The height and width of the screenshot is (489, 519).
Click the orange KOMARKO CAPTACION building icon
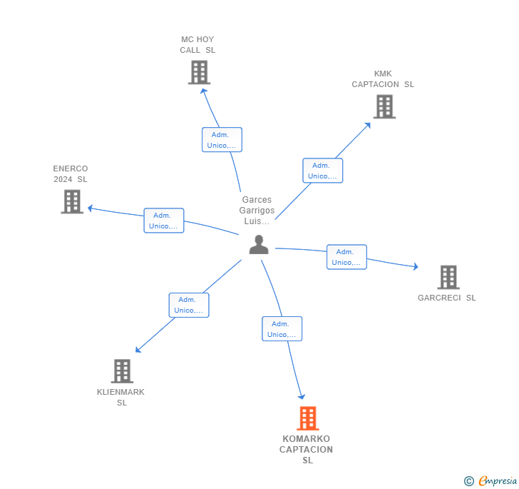[x=307, y=418]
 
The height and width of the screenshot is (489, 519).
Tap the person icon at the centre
[x=259, y=245]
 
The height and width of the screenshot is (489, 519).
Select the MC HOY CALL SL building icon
[x=199, y=72]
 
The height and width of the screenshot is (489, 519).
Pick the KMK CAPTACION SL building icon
[x=384, y=106]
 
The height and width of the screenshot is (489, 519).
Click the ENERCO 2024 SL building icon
[x=72, y=201]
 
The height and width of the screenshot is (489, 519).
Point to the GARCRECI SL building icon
[x=448, y=277]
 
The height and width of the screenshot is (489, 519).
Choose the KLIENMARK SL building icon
[x=122, y=371]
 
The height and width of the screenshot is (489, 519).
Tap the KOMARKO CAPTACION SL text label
[x=307, y=450]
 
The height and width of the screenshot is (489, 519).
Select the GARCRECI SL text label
[x=447, y=298]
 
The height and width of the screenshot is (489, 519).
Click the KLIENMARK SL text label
[x=121, y=397]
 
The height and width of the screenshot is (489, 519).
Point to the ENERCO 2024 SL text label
[x=71, y=174]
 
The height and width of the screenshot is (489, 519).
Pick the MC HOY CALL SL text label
[x=197, y=45]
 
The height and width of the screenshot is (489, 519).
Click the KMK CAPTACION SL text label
[x=383, y=79]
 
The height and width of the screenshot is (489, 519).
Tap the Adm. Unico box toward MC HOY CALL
[x=222, y=140]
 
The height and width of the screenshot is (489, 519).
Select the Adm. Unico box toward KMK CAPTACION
[x=322, y=171]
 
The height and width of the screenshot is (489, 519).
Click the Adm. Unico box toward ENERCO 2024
[x=164, y=221]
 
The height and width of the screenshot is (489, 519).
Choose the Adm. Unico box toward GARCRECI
[x=346, y=257]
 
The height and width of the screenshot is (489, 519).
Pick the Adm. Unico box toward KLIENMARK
[x=189, y=305]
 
